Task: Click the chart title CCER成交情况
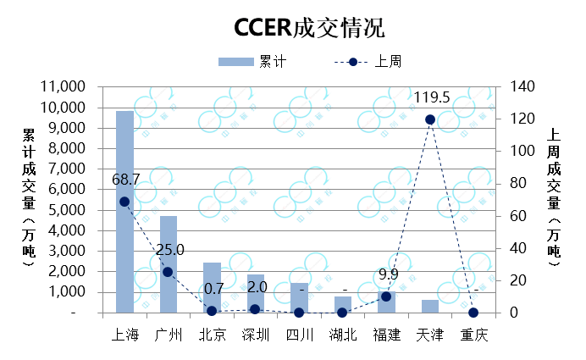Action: click(310, 28)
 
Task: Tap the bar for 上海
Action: click(124, 212)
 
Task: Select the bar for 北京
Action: click(212, 288)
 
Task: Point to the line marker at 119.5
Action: click(429, 119)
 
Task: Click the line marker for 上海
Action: click(124, 202)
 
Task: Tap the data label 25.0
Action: click(169, 250)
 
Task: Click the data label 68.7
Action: click(125, 180)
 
